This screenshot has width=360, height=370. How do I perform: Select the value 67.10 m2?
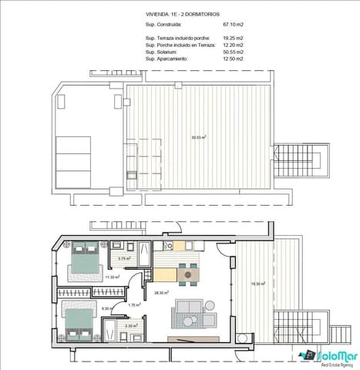coord(234,24)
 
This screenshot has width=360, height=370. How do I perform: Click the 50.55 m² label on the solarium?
coord(199,138)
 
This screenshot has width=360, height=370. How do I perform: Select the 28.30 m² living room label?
coord(161,293)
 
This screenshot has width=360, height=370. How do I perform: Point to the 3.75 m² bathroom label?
coord(123,258)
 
